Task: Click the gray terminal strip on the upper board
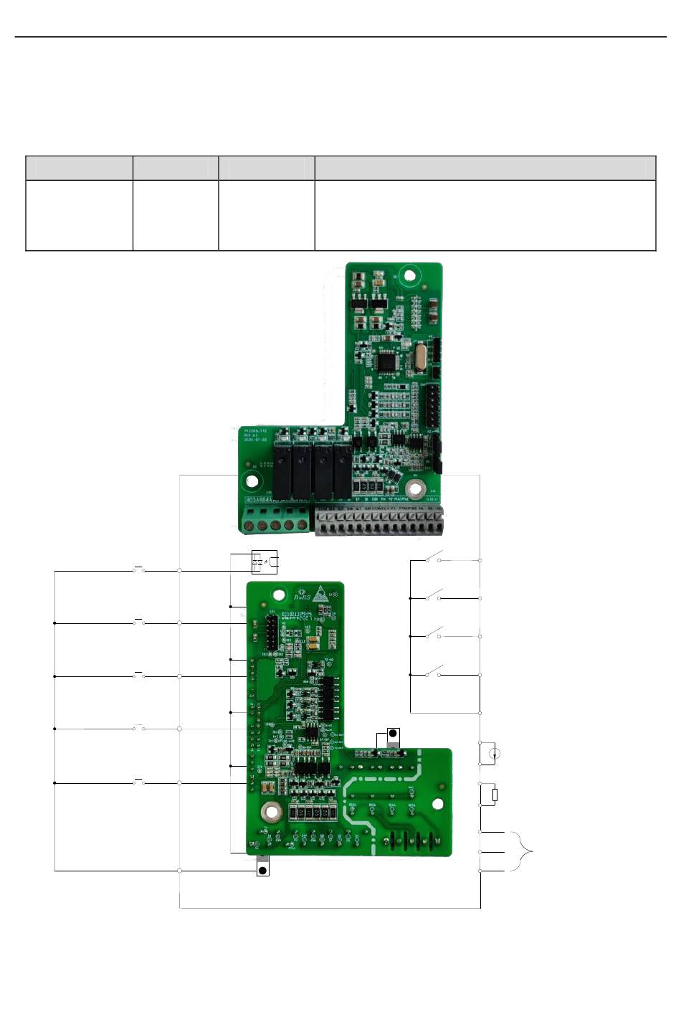[x=379, y=522]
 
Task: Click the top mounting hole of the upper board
[x=409, y=275]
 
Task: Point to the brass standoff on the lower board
[x=271, y=812]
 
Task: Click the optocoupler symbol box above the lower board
[x=265, y=562]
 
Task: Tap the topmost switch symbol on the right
[x=434, y=557]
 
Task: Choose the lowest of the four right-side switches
[x=434, y=672]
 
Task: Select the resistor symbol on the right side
[x=494, y=794]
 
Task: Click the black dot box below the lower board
[x=262, y=870]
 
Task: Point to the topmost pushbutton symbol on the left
[x=139, y=569]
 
